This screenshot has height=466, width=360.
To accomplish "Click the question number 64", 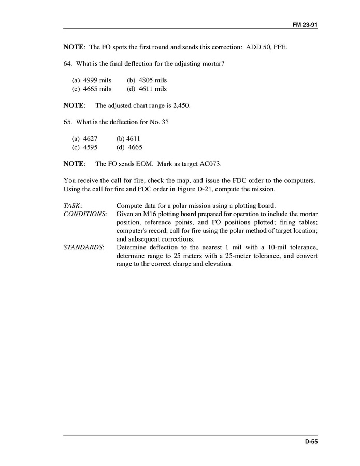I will click(67, 64).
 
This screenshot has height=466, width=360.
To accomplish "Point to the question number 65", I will click(67, 122).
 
